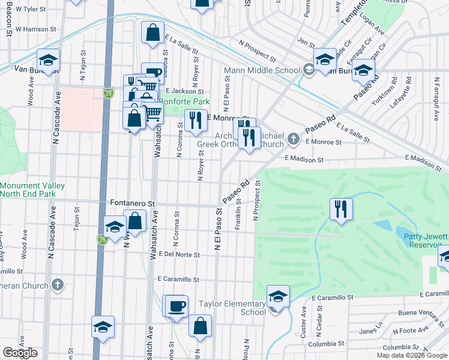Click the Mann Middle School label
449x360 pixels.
pyautogui.click(x=262, y=71)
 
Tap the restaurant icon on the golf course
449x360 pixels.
pyautogui.click(x=342, y=209)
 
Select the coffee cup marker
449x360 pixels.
pyautogui.click(x=176, y=306)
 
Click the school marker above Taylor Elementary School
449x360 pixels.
pyautogui.click(x=279, y=296)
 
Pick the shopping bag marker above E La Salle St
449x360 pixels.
pyautogui.click(x=153, y=31)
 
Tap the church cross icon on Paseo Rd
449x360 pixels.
pyautogui.click(x=294, y=139)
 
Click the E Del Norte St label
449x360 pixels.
pyautogui.click(x=178, y=254)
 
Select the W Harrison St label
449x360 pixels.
pyautogui.click(x=35, y=28)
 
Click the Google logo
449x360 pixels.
pyautogui.click(x=20, y=353)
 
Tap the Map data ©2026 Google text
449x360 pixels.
pyautogui.click(x=412, y=355)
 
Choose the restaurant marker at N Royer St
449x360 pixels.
pyautogui.click(x=196, y=121)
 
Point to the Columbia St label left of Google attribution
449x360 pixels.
pyautogui.click(x=324, y=344)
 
